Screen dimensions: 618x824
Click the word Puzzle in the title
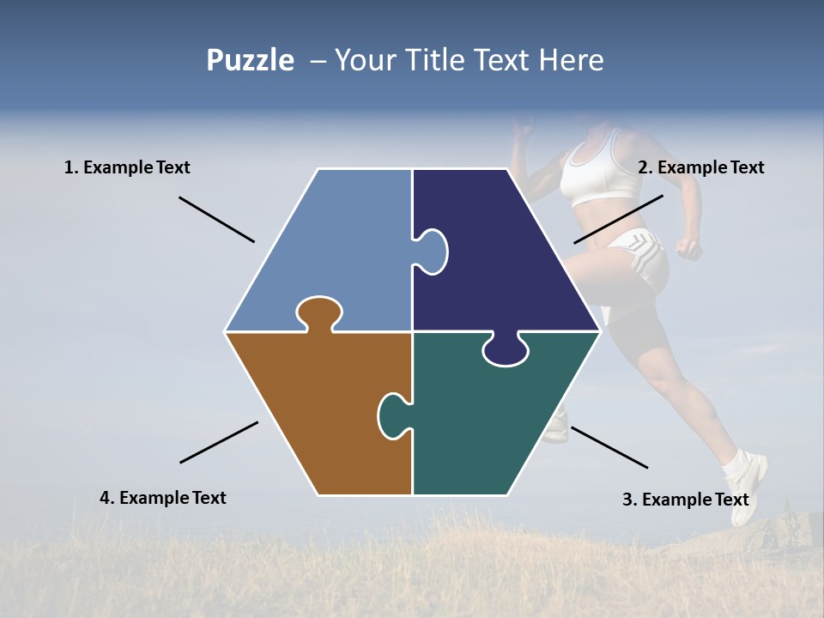(250, 61)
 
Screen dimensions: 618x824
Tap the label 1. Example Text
(127, 167)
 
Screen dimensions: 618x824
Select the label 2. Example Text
(700, 167)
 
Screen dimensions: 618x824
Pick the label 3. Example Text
(685, 500)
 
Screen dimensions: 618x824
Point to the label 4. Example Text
(163, 498)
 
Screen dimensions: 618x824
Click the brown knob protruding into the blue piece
(318, 310)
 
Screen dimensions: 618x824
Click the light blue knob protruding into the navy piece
(432, 251)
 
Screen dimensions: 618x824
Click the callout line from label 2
(618, 219)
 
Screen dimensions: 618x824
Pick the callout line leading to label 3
(609, 447)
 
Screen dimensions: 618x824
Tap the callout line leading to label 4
(219, 442)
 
